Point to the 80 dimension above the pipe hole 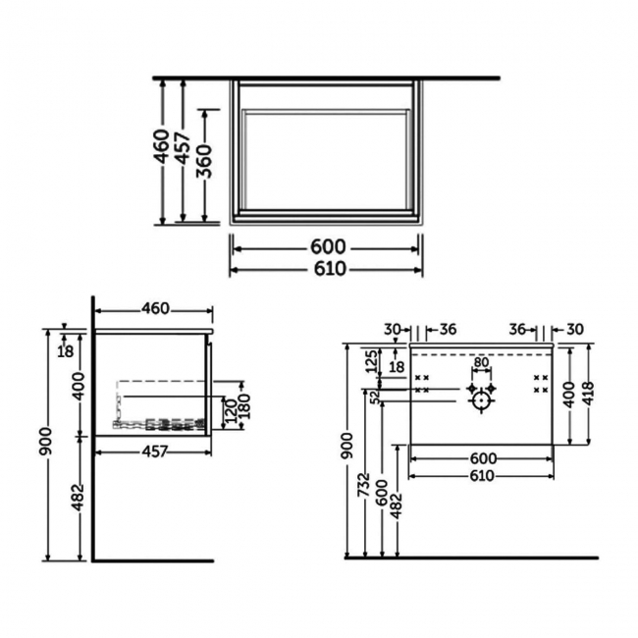[x=480, y=362]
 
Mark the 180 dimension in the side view [x=244, y=403]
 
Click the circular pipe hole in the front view [x=480, y=400]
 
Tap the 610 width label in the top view [x=327, y=269]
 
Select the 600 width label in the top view [x=327, y=247]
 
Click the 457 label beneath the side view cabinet [x=153, y=451]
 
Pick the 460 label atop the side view [x=153, y=309]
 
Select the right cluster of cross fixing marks [x=539, y=384]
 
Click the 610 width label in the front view [x=481, y=475]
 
